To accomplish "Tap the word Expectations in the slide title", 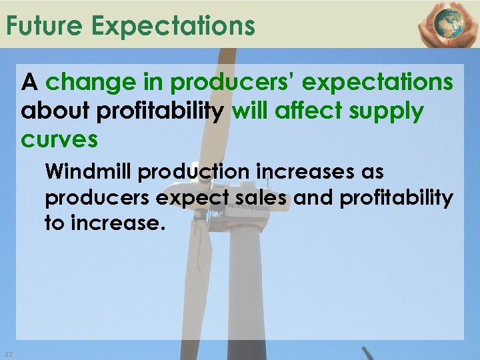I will click(173, 26).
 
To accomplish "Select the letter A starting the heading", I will click(29, 83).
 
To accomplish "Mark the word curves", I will click(60, 141).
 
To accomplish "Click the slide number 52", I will click(8, 353).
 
